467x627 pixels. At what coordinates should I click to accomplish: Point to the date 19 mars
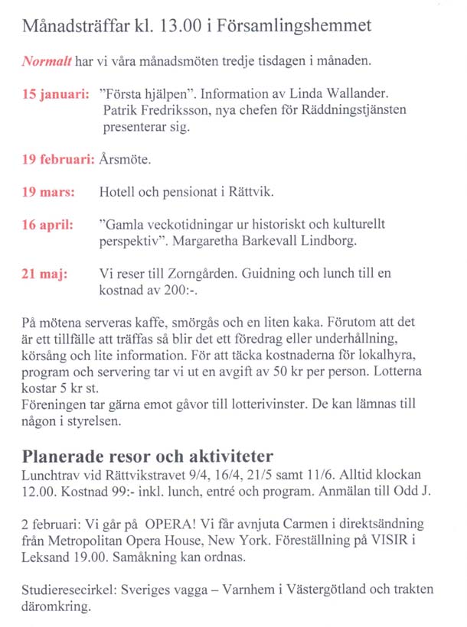click(x=48, y=192)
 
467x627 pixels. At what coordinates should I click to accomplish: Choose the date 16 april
click(x=47, y=225)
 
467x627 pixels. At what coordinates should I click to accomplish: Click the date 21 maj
click(x=44, y=274)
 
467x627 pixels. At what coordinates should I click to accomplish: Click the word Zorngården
click(x=217, y=274)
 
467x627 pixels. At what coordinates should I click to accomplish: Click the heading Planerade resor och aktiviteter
click(x=154, y=456)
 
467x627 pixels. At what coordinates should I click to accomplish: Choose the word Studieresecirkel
click(x=70, y=590)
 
